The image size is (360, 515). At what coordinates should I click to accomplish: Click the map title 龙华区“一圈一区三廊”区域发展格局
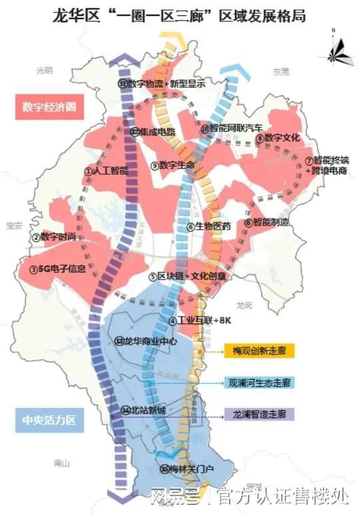pyautogui.click(x=180, y=15)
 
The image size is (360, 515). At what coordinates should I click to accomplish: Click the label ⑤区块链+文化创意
pyautogui.click(x=188, y=276)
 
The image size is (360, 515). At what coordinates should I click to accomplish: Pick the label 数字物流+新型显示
pyautogui.click(x=162, y=83)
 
